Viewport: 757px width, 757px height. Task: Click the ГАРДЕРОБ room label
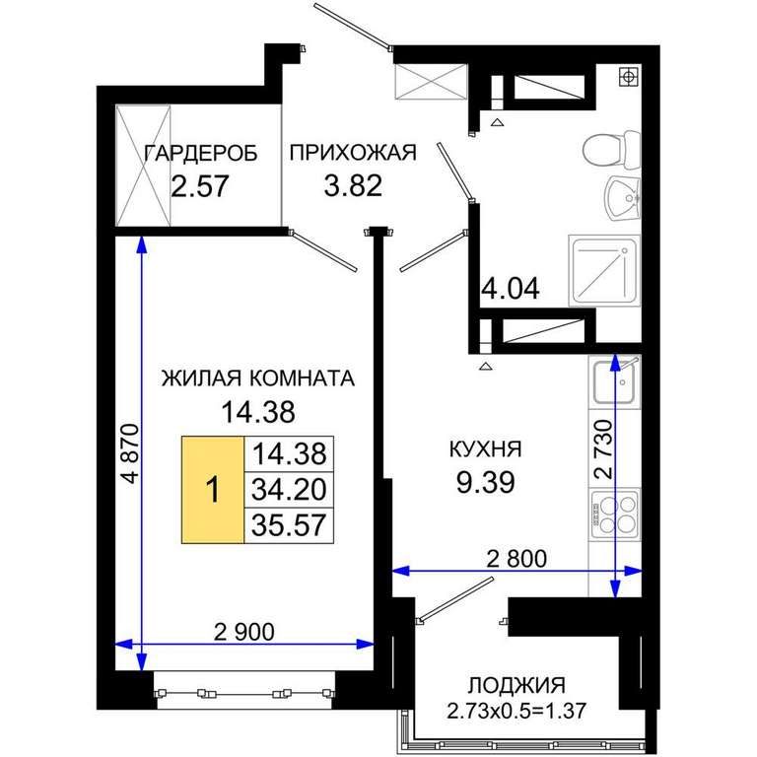click(x=201, y=154)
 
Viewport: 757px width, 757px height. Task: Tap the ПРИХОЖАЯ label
click(x=353, y=153)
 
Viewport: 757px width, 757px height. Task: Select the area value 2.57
click(x=200, y=186)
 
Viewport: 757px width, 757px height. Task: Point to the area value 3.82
click(x=353, y=185)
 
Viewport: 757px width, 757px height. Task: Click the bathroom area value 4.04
click(x=511, y=289)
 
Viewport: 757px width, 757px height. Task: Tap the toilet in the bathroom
click(x=611, y=149)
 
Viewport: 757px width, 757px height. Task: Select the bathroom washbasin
click(x=622, y=198)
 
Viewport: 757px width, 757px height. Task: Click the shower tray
click(x=604, y=270)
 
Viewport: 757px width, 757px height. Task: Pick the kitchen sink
click(x=614, y=382)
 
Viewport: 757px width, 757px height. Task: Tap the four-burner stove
click(x=615, y=515)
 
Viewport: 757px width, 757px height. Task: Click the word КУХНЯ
click(x=486, y=449)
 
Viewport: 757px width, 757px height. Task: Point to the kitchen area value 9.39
click(x=486, y=482)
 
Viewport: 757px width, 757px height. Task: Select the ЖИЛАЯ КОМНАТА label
click(x=258, y=378)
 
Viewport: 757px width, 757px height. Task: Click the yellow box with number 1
click(x=213, y=490)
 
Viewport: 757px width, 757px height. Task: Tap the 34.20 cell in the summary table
click(x=289, y=490)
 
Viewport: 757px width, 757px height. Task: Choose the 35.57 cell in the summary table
click(x=289, y=525)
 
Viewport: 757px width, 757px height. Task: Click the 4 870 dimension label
click(x=131, y=453)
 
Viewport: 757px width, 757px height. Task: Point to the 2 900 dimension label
click(x=244, y=632)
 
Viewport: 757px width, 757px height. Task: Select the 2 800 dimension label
click(x=516, y=559)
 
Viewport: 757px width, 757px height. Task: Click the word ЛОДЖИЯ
click(x=516, y=686)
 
